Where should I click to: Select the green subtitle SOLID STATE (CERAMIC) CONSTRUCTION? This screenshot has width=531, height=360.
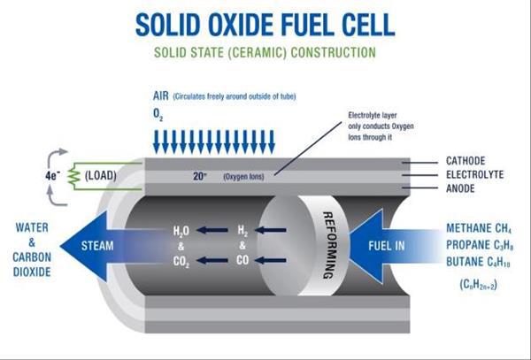point(265,53)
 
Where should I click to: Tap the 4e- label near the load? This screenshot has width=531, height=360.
point(52,175)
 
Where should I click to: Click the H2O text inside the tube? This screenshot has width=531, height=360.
point(181,231)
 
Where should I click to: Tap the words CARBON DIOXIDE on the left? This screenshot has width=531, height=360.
point(29,254)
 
